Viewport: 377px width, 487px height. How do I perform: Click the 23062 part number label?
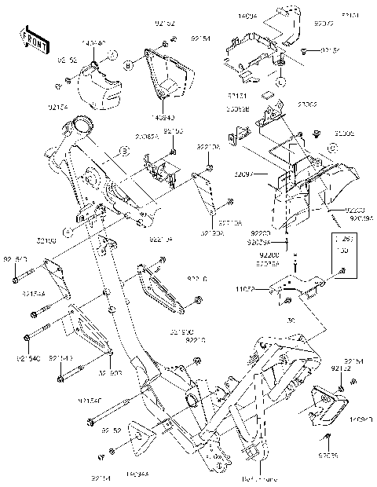(x=284, y=104)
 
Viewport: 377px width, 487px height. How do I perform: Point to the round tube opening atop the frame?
(x=81, y=124)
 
